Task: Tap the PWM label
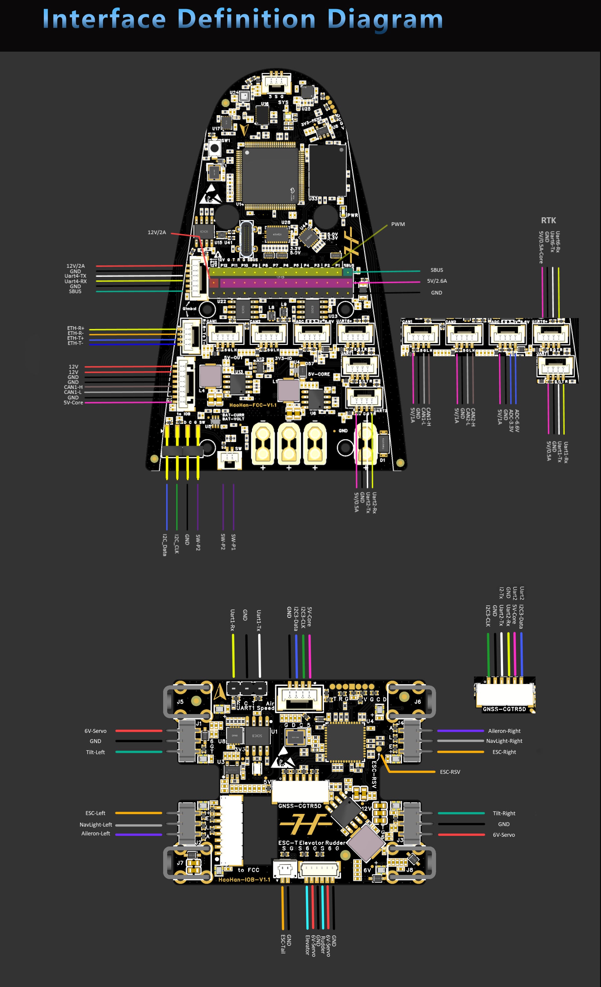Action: coord(398,224)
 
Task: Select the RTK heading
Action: coord(548,220)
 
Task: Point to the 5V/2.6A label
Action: coord(437,281)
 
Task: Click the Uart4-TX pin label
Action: coord(75,276)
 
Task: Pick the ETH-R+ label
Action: coord(76,328)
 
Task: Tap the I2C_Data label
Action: coord(165,545)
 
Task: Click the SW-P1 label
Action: coord(234,542)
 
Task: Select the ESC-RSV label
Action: coord(450,772)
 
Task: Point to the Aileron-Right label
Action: coord(504,731)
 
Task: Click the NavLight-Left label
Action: coord(96,825)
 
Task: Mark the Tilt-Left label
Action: coord(95,752)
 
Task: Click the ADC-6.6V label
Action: coord(517,421)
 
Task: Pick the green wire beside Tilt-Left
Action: coord(139,752)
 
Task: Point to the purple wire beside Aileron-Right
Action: coord(460,731)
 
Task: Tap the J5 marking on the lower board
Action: coord(180,702)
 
